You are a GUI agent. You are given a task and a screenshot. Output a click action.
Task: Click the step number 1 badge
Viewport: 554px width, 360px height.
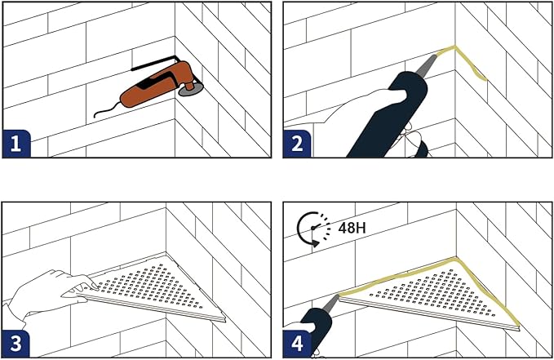(16, 144)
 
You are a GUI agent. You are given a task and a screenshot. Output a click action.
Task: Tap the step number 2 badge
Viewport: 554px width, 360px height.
(297, 144)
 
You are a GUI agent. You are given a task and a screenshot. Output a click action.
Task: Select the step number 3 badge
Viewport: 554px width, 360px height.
(16, 344)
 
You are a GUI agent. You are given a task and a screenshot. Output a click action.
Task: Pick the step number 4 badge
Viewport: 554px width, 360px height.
(297, 344)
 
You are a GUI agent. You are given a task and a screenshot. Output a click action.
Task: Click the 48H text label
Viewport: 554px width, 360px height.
(352, 228)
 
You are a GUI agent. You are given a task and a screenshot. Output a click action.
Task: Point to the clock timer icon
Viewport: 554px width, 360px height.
(313, 229)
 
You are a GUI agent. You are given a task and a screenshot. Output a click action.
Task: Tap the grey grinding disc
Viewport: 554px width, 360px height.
(190, 91)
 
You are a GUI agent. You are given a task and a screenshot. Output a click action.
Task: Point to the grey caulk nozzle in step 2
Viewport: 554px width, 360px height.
(427, 65)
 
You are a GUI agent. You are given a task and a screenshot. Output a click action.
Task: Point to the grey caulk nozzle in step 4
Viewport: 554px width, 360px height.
(331, 302)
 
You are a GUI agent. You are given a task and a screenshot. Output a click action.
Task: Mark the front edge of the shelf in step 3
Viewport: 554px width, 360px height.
(151, 308)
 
